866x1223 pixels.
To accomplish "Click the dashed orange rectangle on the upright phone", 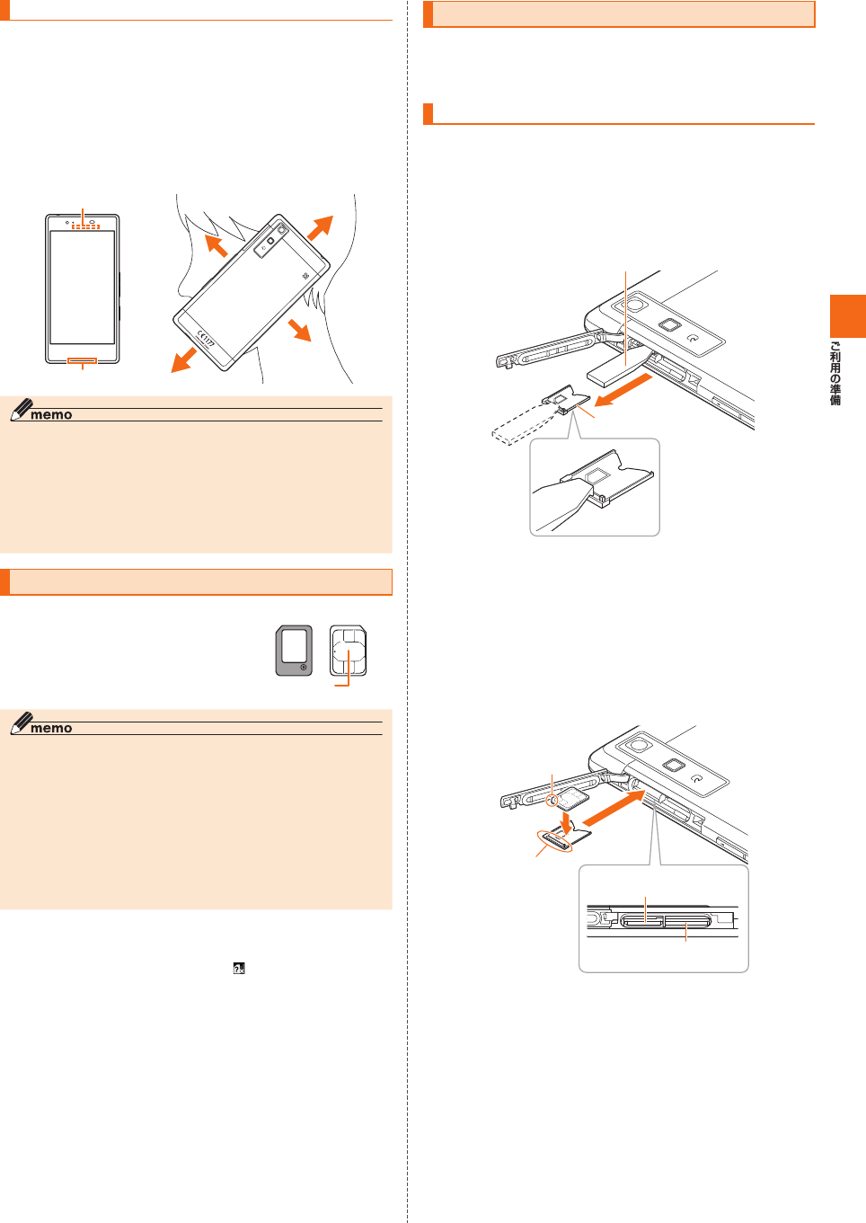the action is [86, 226].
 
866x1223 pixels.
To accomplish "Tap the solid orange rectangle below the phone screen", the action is [83, 361].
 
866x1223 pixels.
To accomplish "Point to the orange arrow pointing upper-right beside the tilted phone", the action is [321, 228].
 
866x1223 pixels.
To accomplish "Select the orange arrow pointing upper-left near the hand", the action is [215, 245].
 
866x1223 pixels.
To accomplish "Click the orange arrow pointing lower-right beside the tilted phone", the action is [300, 330].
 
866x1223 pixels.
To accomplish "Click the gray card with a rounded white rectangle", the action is [294, 651].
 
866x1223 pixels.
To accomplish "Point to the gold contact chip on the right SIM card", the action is [349, 652].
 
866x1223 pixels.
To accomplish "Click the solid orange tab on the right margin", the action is [847, 315].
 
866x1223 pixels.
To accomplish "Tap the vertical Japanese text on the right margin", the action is [835, 373].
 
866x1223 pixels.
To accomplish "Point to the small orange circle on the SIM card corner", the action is [554, 798].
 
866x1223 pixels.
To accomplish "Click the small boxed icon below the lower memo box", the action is [239, 968].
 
